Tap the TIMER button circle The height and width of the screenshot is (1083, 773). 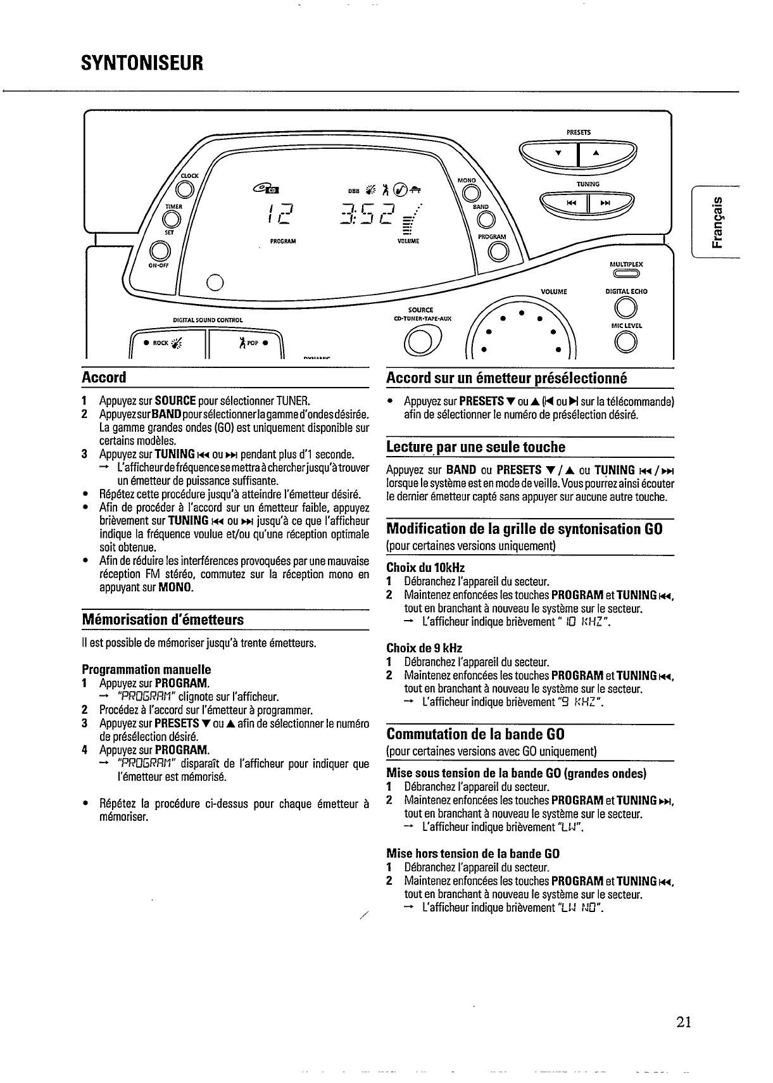pyautogui.click(x=170, y=219)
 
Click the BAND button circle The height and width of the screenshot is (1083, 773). pyautogui.click(x=486, y=220)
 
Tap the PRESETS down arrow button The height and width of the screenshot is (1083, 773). pyautogui.click(x=558, y=153)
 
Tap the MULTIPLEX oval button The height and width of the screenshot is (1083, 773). pyautogui.click(x=626, y=274)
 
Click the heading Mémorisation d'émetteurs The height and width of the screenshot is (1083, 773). pyautogui.click(x=163, y=619)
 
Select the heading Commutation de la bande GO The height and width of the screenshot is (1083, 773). pyautogui.click(x=475, y=735)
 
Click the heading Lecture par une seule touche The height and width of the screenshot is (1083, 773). pyautogui.click(x=475, y=447)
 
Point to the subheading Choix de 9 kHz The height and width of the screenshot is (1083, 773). pyautogui.click(x=424, y=648)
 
